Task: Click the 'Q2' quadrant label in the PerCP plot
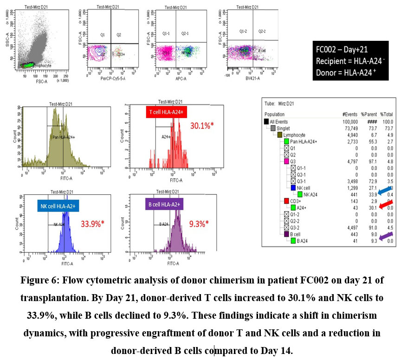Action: pyautogui.click(x=119, y=35)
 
